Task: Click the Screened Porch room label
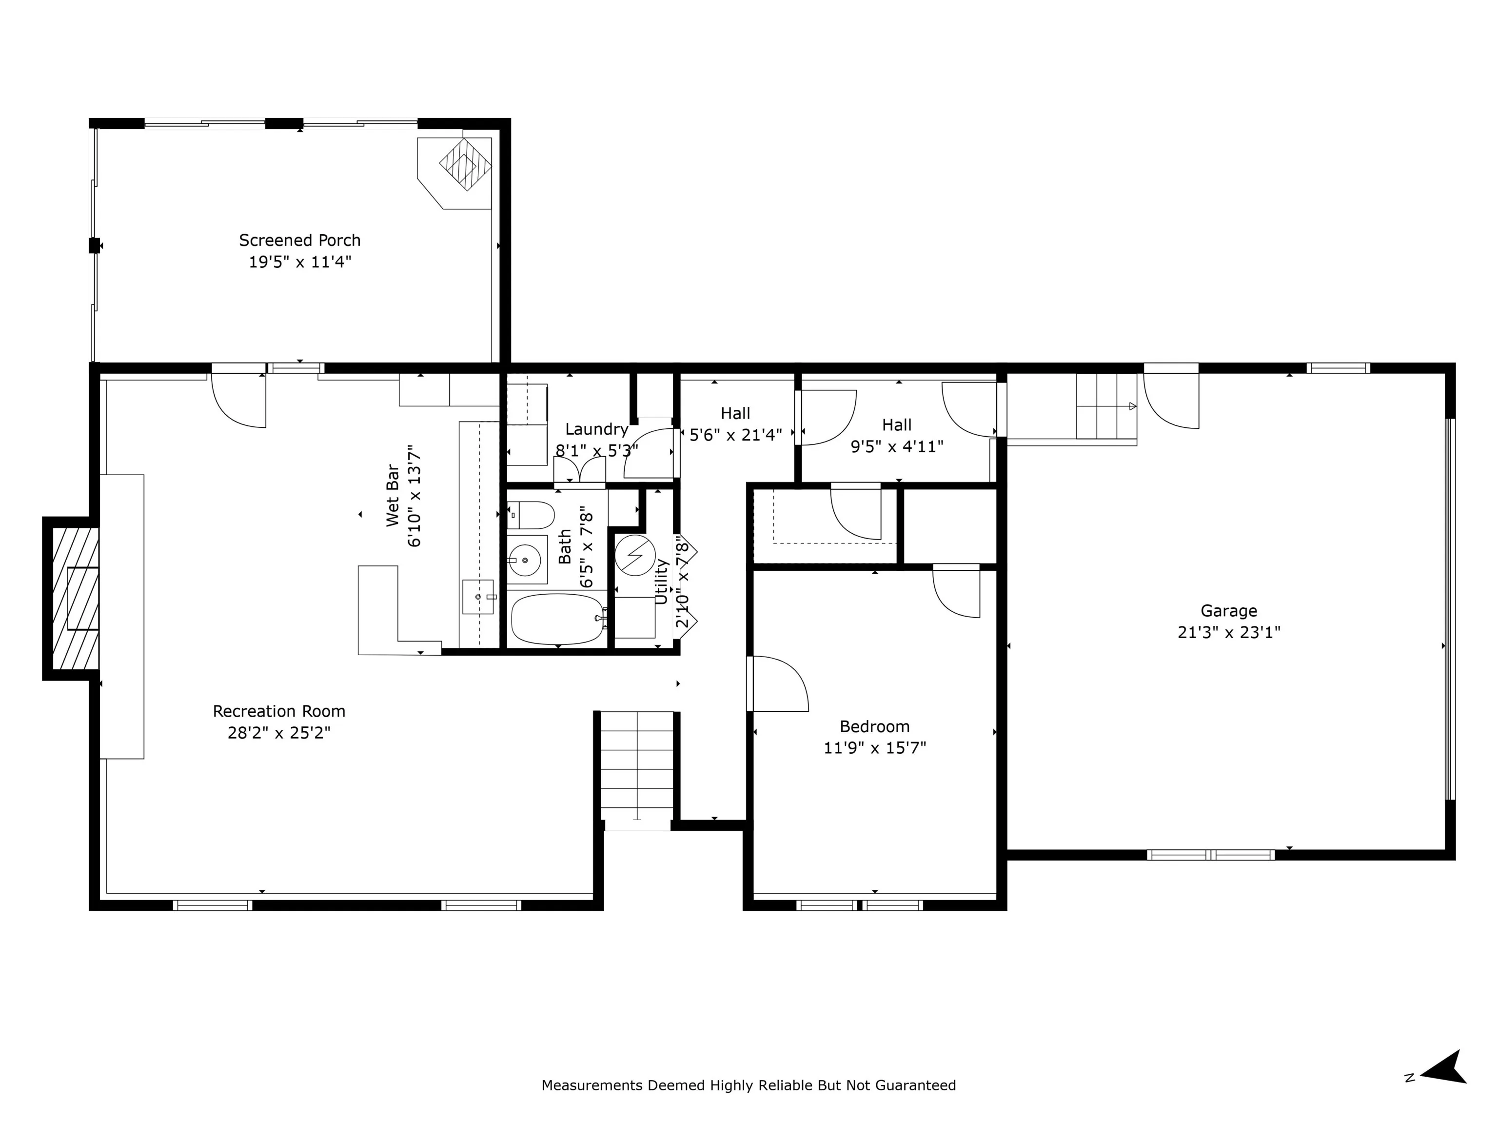[299, 241]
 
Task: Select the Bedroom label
[874, 727]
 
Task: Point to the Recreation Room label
[279, 711]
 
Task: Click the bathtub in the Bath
[557, 619]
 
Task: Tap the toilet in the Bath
[531, 515]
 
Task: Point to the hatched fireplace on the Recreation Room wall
[72, 598]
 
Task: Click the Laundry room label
[597, 429]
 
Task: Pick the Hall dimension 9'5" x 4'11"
[897, 446]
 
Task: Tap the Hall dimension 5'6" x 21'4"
[735, 434]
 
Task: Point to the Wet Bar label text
[392, 495]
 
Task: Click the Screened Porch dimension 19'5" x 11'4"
[299, 262]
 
